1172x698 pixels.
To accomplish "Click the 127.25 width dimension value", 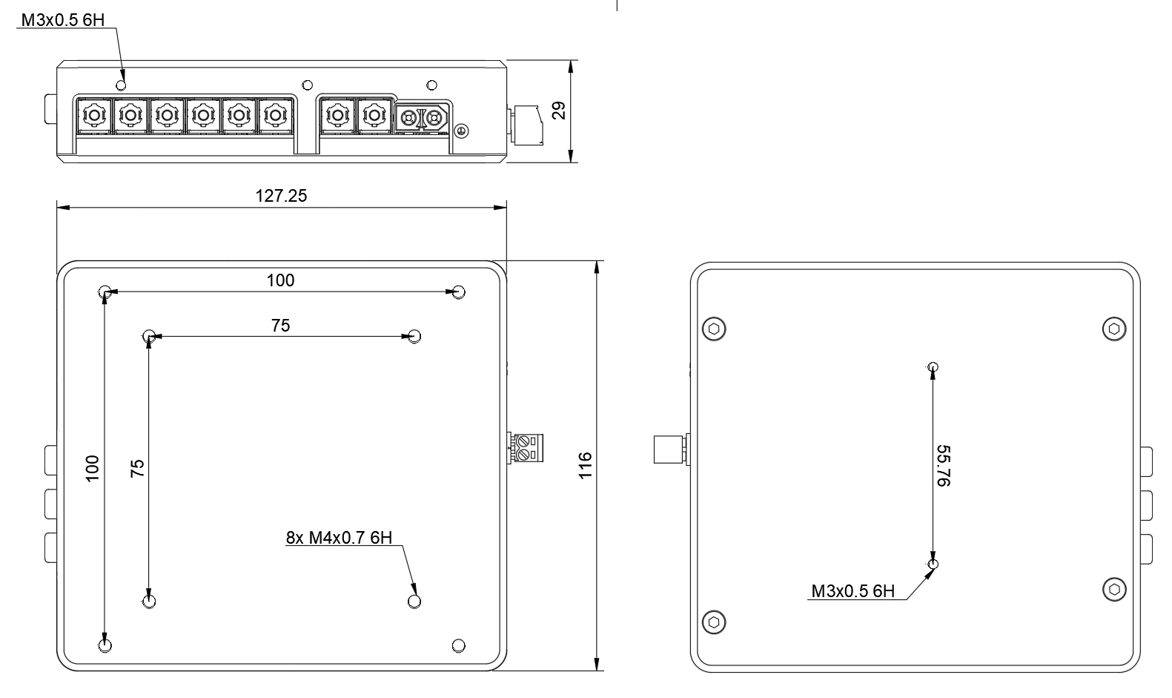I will (281, 196).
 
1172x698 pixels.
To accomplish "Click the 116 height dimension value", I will (586, 465).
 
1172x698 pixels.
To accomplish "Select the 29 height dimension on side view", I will (560, 111).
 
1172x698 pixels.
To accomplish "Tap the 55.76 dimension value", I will (943, 466).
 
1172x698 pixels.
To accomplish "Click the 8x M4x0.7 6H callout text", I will (339, 538).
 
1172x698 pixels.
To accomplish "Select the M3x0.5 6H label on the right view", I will (852, 591).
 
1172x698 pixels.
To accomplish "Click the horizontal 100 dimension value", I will (280, 280).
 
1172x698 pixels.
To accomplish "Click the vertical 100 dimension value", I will (92, 469).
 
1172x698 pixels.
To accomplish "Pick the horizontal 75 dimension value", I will (280, 326).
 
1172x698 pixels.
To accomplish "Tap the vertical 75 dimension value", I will (137, 469).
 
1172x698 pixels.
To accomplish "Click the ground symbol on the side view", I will (460, 131).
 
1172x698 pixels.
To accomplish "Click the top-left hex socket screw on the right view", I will (714, 329).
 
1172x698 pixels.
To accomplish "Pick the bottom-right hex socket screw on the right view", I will (1114, 590).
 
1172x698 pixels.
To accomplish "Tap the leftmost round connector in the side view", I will (93, 116).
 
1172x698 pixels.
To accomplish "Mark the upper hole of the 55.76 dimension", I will (933, 367).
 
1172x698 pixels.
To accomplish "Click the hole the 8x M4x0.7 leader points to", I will (414, 601).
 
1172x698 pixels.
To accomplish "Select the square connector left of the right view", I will (669, 450).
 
